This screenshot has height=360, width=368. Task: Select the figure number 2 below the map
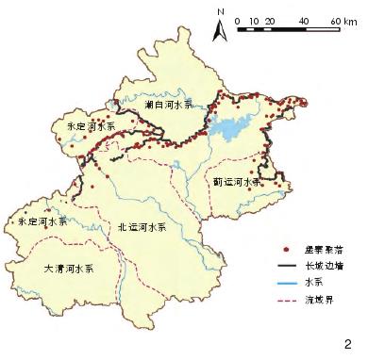(x=348, y=344)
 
